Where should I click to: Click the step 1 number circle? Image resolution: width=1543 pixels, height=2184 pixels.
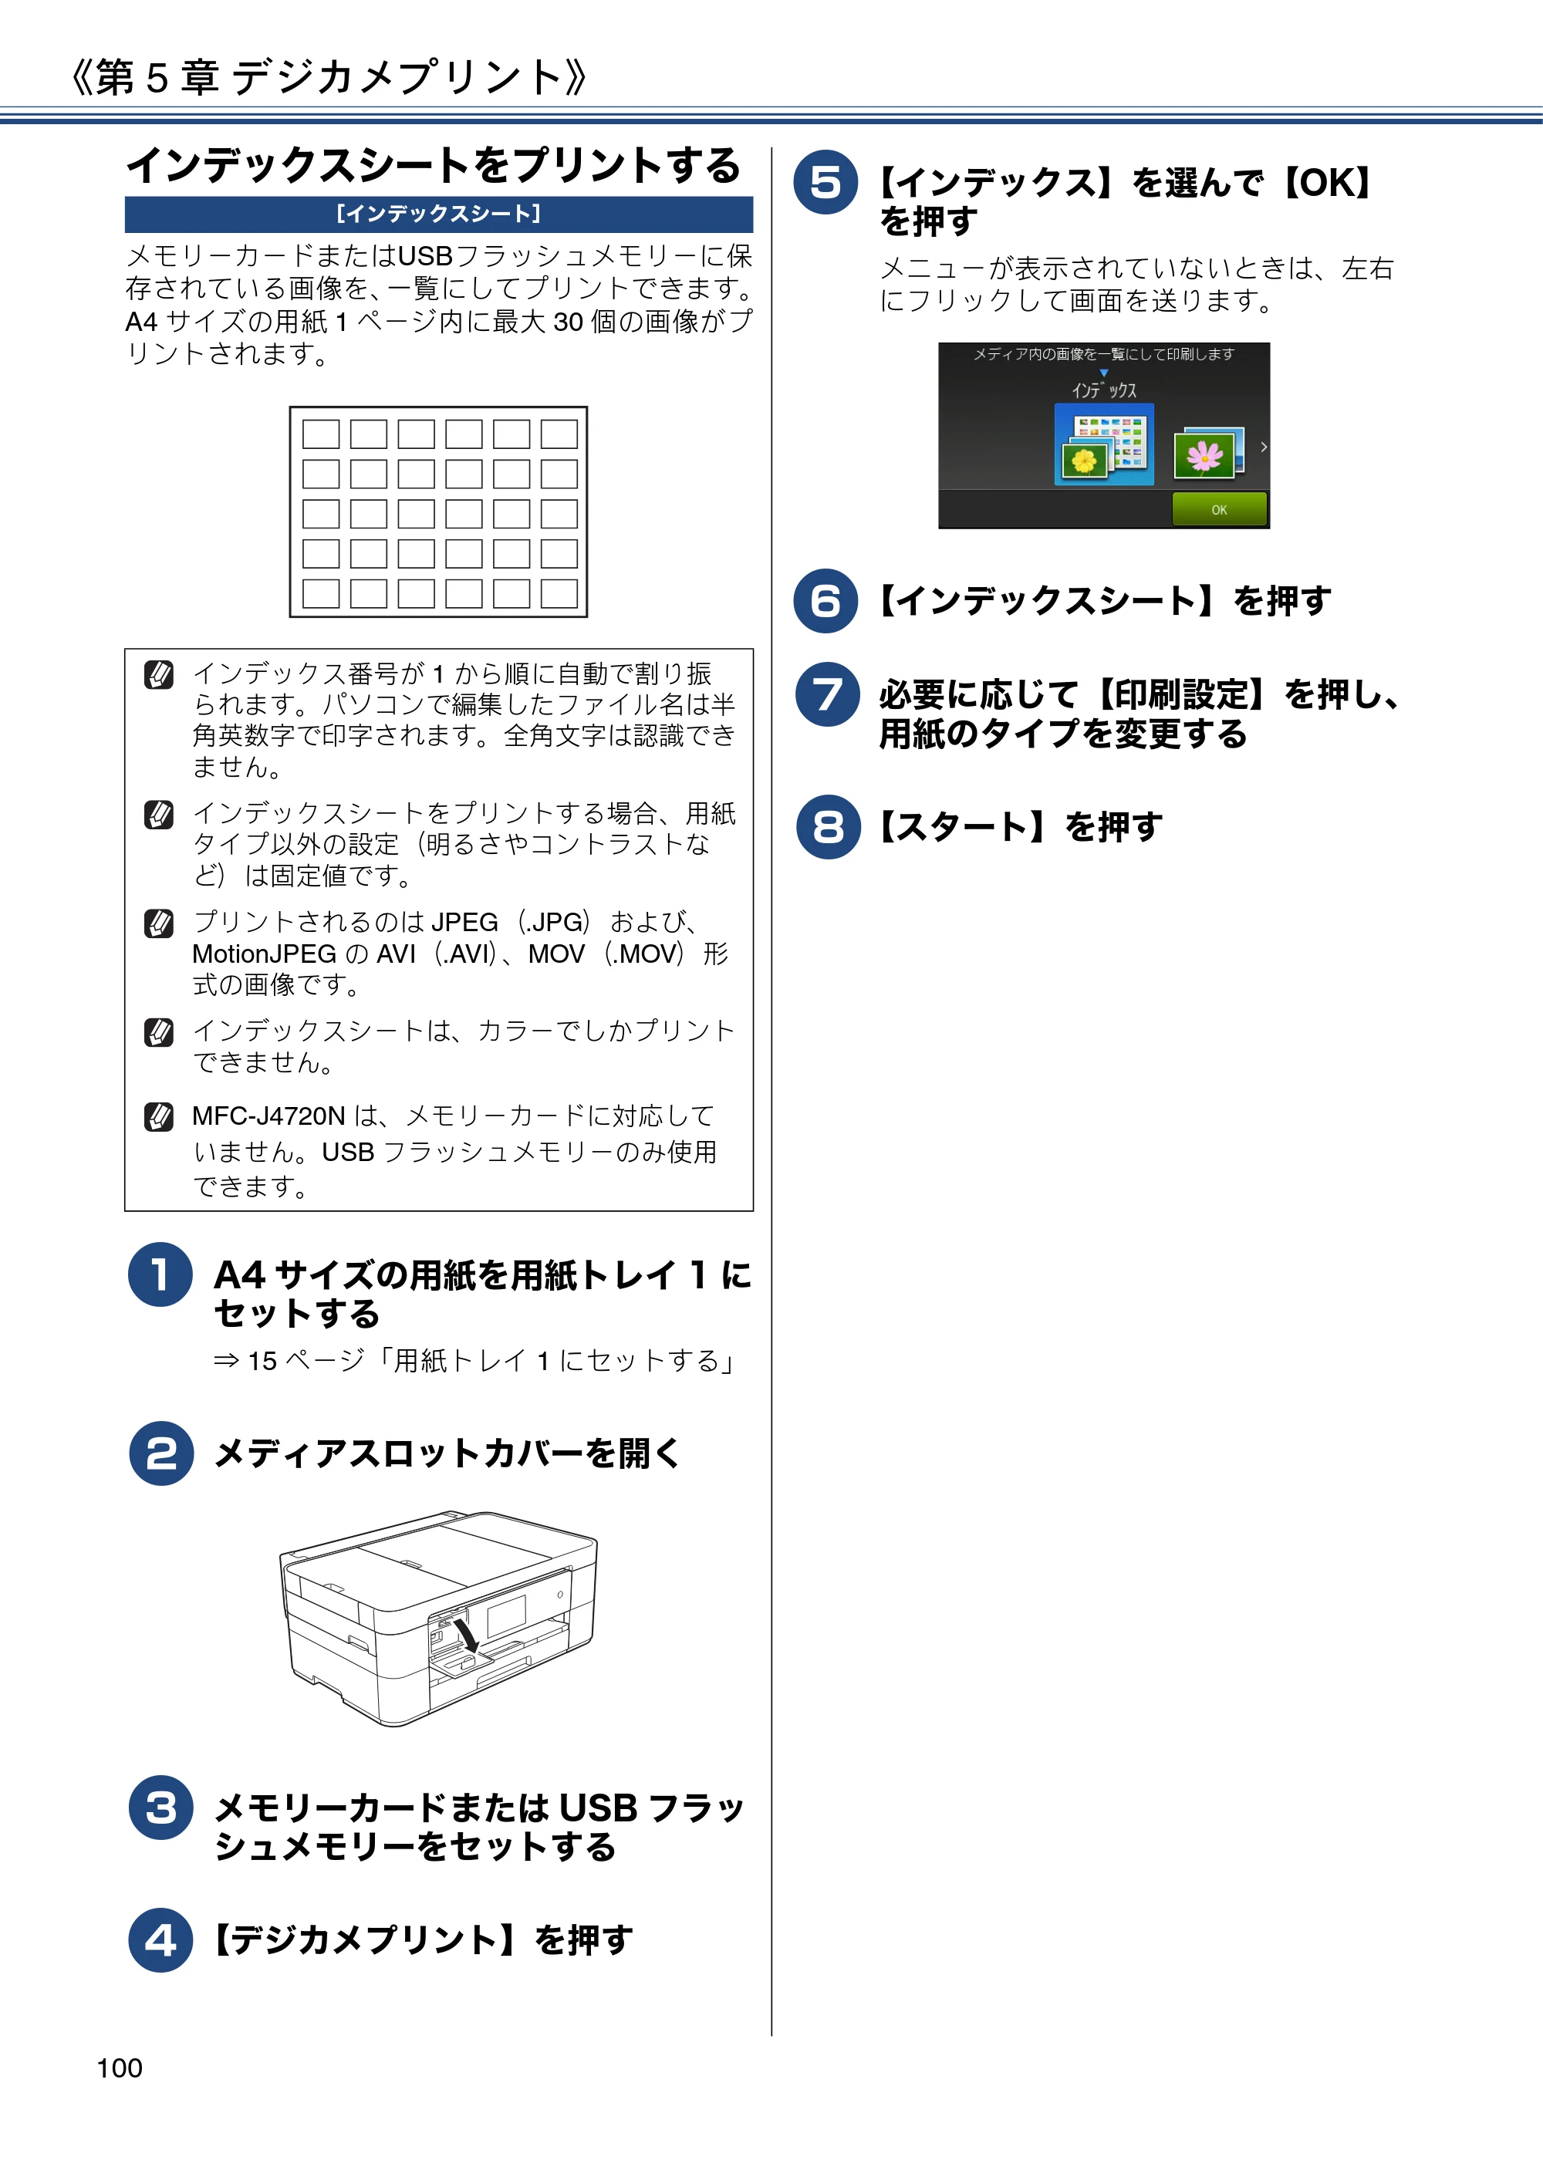160,1274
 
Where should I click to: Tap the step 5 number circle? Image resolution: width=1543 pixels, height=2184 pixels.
826,182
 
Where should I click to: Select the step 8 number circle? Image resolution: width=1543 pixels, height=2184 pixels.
829,826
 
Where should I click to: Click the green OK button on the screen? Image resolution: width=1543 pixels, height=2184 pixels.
1219,509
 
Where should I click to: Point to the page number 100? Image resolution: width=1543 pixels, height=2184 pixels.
120,2068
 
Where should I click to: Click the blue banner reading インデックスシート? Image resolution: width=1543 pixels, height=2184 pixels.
438,214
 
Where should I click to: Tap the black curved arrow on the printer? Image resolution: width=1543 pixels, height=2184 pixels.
466,1632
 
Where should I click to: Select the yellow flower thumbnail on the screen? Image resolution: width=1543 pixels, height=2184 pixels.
1086,461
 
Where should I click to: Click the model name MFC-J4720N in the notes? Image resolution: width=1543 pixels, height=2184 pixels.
268,1116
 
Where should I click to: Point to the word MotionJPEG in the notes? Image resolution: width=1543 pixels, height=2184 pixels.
265,954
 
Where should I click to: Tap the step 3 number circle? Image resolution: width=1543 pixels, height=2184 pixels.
160,1808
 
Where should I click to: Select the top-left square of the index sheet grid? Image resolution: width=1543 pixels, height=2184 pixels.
321,434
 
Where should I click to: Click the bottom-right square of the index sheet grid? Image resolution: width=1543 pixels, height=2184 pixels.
559,593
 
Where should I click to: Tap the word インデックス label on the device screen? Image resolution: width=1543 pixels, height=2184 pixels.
1103,390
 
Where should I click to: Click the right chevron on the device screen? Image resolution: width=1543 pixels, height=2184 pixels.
1263,447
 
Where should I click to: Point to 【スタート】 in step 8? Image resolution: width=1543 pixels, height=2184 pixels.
964,826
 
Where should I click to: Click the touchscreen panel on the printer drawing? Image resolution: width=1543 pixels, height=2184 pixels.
506,1616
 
